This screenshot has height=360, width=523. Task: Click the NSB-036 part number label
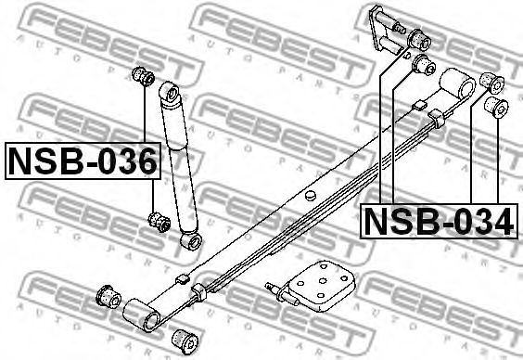coord(83,161)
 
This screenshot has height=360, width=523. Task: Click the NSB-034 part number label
coord(439,221)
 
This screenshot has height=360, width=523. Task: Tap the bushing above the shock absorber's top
coord(143,76)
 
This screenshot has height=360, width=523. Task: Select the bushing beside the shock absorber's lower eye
coord(159,222)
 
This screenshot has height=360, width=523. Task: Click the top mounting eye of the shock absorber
coord(171,92)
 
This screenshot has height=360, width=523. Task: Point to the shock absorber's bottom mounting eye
coord(191,241)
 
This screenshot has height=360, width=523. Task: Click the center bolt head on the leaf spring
coord(311,195)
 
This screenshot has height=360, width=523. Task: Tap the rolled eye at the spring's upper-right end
coord(457,84)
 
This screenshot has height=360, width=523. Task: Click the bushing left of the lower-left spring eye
coord(108,296)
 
